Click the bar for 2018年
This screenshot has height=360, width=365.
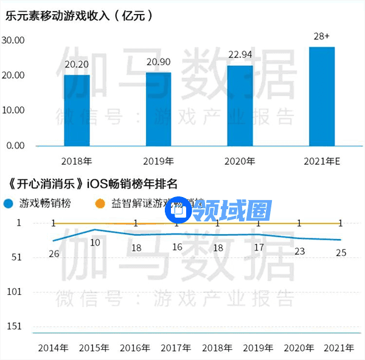pyautogui.click(x=77, y=110)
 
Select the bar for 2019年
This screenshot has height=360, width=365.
pyautogui.click(x=158, y=109)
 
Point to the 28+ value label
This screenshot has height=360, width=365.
pyautogui.click(x=322, y=37)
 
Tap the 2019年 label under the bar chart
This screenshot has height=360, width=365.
pyautogui.click(x=158, y=162)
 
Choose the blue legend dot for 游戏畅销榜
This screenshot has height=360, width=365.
pyautogui.click(x=9, y=204)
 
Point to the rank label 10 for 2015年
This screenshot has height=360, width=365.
pyautogui.click(x=95, y=242)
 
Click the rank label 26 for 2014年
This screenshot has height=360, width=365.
pyautogui.click(x=54, y=253)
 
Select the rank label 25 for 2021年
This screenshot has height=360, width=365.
pyautogui.click(x=341, y=252)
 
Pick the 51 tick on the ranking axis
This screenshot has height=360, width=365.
pyautogui.click(x=16, y=257)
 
